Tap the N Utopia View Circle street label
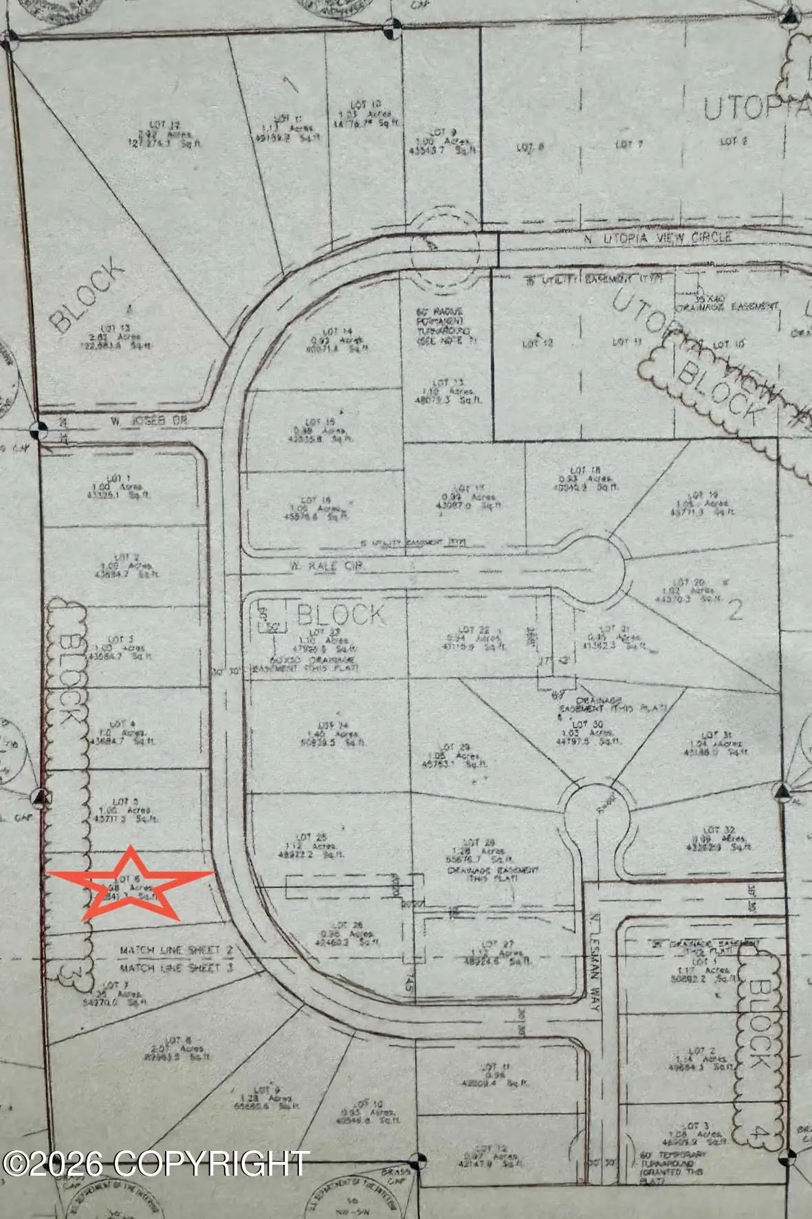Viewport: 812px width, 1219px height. (x=657, y=238)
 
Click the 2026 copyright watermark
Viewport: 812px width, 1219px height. (x=155, y=1164)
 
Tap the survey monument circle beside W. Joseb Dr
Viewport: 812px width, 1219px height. (x=39, y=430)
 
